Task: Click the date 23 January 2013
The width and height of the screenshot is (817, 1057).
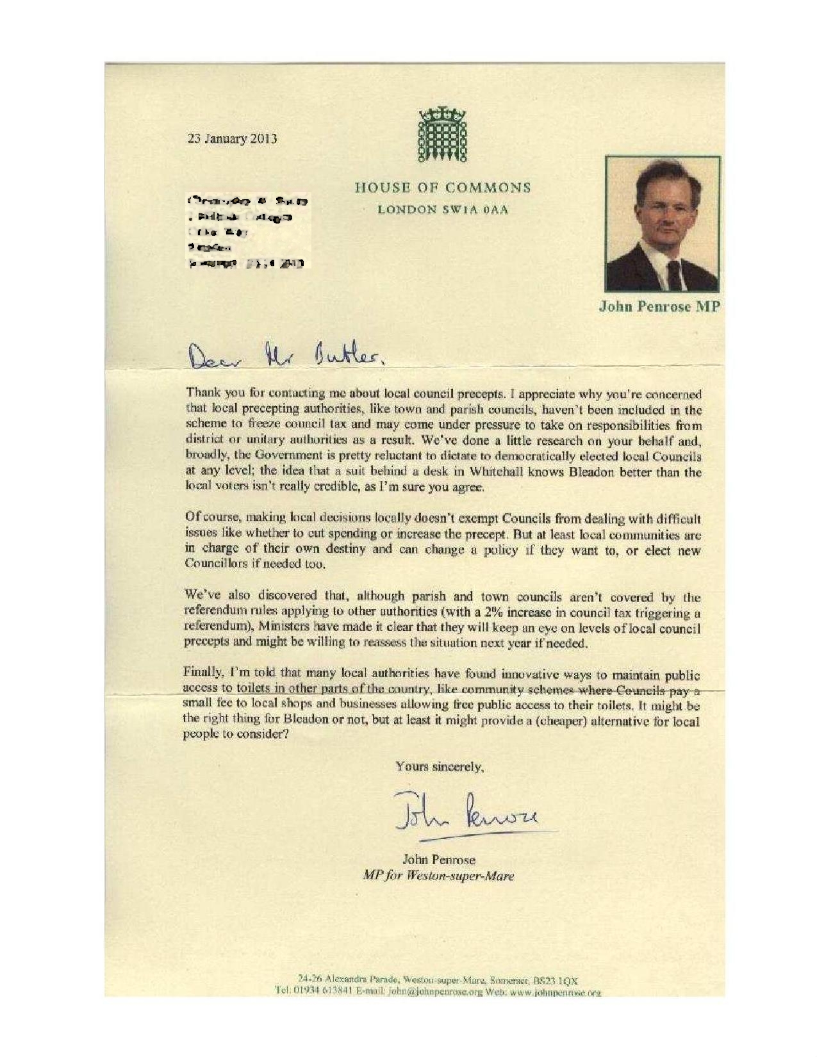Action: (231, 138)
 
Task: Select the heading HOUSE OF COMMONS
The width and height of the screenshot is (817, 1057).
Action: (443, 188)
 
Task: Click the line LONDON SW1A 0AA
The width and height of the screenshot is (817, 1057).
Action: (443, 209)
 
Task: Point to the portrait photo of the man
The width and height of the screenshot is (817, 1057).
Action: (662, 224)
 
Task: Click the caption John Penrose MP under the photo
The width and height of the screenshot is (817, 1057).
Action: (659, 307)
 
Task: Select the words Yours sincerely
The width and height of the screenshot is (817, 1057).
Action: (440, 766)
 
